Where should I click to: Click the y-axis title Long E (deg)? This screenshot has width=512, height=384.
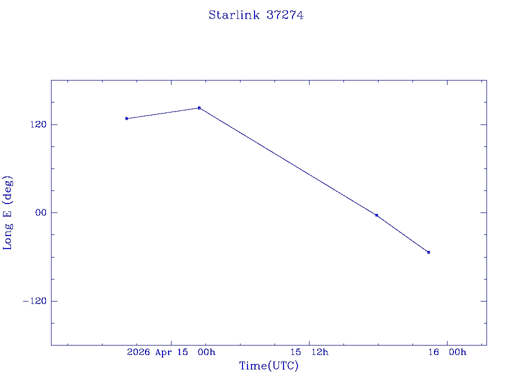pyautogui.click(x=8, y=212)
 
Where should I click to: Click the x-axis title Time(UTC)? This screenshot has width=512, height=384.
pyautogui.click(x=268, y=366)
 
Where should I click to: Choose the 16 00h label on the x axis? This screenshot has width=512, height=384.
pyautogui.click(x=447, y=352)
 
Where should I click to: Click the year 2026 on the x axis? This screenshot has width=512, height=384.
pyautogui.click(x=138, y=352)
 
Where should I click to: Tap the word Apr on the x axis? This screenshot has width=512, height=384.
pyautogui.click(x=164, y=352)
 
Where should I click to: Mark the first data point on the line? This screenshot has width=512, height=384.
pyautogui.click(x=127, y=118)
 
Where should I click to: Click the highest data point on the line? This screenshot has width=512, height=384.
pyautogui.click(x=199, y=108)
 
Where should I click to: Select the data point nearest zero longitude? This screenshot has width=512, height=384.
pyautogui.click(x=376, y=215)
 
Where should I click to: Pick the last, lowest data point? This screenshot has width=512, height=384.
pyautogui.click(x=428, y=252)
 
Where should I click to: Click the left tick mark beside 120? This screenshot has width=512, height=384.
pyautogui.click(x=53, y=124)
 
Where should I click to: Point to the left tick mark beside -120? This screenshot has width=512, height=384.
pyautogui.click(x=53, y=301)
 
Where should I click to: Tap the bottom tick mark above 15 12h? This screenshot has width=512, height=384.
pyautogui.click(x=309, y=342)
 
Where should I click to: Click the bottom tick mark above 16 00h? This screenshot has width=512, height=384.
pyautogui.click(x=447, y=342)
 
